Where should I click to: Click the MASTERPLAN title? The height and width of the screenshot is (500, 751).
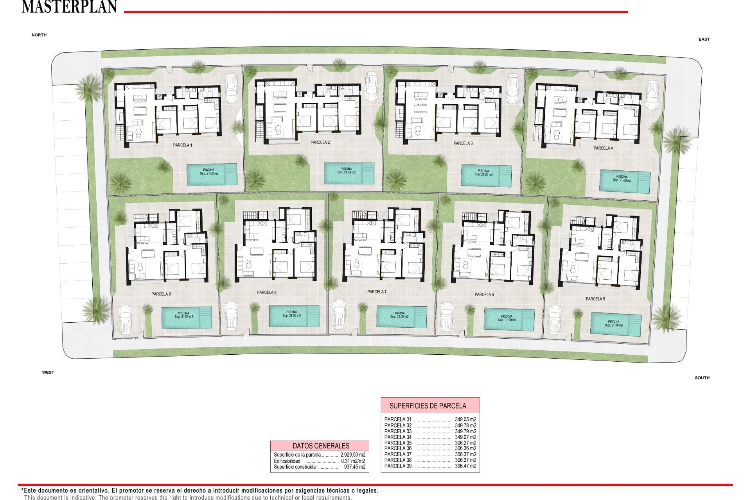pos(69,7)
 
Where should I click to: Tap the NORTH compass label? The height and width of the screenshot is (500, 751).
pos(39,35)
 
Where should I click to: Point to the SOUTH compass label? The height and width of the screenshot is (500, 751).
pos(702,378)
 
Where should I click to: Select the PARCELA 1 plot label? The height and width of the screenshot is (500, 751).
pos(183,145)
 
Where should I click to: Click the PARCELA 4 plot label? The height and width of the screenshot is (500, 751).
pos(603,148)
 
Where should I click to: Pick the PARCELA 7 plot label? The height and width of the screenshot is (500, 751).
pos(377,292)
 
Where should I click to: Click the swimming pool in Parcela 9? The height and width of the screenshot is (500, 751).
pos(187,318)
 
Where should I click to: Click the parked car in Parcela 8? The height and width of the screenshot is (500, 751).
pos(231,316)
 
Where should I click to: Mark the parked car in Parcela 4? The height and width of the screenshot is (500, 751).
pos(652,95)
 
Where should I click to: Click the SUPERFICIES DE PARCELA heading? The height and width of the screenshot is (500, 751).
pos(428,406)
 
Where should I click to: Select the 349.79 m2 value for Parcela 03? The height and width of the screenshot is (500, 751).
pos(465,431)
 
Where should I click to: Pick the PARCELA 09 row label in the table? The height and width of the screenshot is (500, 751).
pos(398,466)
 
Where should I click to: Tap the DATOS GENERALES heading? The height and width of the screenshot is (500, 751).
pos(321,446)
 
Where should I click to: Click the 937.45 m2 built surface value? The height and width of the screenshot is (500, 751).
pos(354,467)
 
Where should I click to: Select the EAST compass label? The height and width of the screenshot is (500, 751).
pos(704,39)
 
